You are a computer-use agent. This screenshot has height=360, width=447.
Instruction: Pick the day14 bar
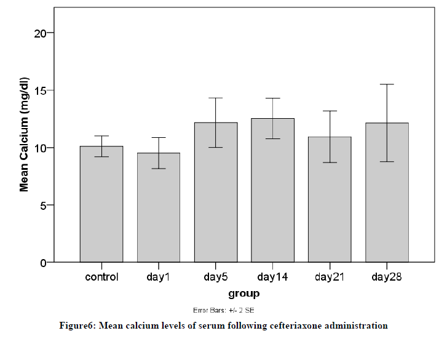273,190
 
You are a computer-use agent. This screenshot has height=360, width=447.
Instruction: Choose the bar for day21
330,199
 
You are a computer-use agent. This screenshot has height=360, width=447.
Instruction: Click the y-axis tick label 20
41,33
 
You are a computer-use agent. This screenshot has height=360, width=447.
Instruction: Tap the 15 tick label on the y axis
41,90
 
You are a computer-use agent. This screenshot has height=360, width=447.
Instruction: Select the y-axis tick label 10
41,148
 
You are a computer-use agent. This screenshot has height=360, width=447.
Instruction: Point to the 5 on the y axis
44,206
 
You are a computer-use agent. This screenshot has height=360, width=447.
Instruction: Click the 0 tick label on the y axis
44,263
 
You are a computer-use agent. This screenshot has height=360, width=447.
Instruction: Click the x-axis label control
101,278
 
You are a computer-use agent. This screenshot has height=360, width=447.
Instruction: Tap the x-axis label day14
273,278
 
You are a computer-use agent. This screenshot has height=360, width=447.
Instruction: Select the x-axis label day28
387,278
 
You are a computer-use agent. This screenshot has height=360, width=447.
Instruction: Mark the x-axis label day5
216,278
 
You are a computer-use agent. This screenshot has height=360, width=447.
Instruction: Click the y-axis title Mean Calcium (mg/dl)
25,135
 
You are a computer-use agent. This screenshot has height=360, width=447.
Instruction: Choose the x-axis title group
243,294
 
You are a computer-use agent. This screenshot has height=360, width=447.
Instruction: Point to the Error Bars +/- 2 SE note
228,310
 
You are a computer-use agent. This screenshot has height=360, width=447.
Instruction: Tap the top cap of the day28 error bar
387,84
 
